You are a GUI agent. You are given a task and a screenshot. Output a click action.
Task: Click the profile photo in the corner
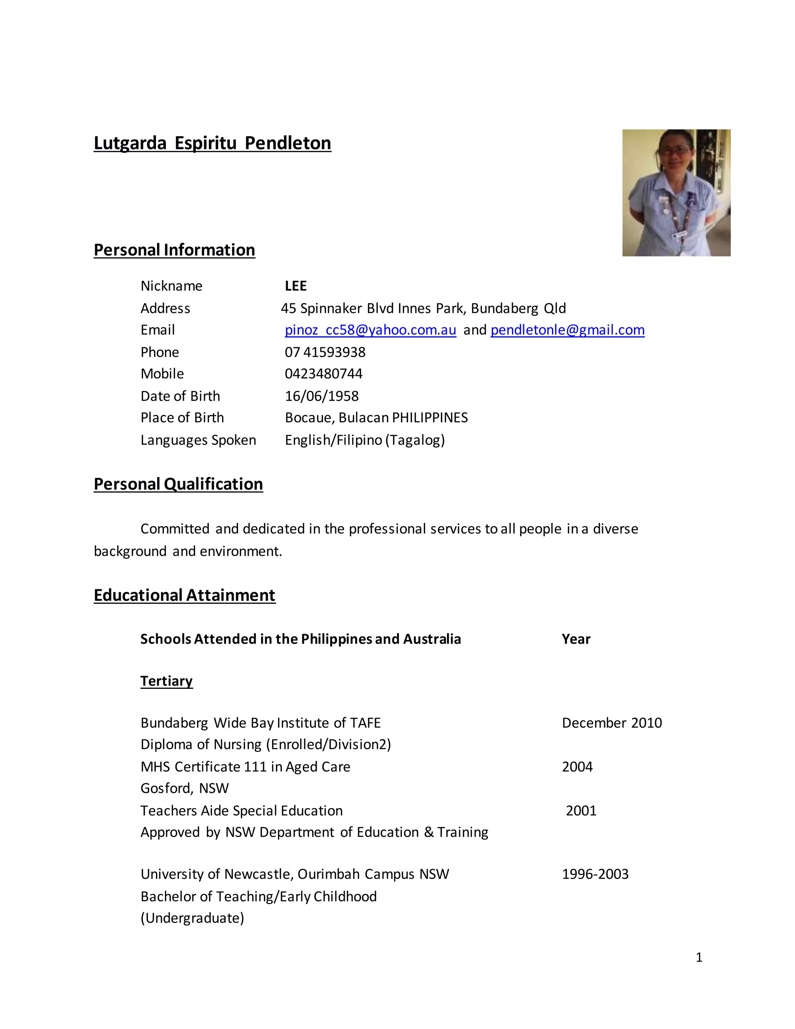coord(676,193)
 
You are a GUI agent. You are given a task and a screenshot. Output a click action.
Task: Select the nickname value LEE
coord(296,286)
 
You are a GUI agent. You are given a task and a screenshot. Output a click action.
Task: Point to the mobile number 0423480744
coord(324,374)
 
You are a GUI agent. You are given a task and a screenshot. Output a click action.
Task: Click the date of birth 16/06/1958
coord(322,396)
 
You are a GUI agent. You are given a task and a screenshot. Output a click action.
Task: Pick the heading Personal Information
coord(174,250)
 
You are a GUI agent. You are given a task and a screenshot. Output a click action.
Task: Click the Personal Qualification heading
coord(178,484)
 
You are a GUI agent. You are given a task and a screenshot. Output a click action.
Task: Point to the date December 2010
coord(612,723)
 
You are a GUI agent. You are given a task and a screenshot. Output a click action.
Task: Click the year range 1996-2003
coord(595,874)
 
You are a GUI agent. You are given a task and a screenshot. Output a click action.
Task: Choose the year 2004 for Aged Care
coord(577,767)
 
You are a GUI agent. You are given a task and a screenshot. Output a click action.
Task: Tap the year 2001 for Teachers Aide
coord(581,810)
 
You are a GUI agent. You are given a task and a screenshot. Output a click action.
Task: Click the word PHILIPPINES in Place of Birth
coord(430,417)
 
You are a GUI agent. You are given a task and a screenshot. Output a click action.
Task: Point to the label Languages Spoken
coord(198,440)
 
